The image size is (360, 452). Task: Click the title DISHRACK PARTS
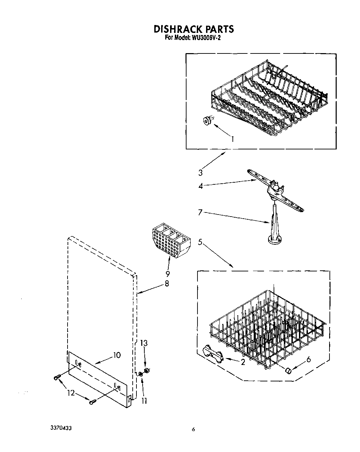tap(193, 29)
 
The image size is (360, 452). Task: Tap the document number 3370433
tap(61, 428)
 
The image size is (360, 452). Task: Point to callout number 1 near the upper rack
tap(232, 139)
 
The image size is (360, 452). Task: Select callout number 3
tap(201, 172)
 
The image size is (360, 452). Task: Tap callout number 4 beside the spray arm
tap(201, 186)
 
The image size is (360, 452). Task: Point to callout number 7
tap(201, 213)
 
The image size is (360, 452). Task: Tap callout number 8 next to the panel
tap(167, 284)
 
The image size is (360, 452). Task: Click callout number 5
tap(200, 242)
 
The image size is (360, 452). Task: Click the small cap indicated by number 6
tap(288, 370)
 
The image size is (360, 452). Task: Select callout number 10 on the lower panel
tap(117, 355)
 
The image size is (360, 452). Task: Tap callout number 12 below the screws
tap(71, 393)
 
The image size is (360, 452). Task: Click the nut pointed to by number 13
tap(146, 370)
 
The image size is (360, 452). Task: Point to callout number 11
tap(144, 400)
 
